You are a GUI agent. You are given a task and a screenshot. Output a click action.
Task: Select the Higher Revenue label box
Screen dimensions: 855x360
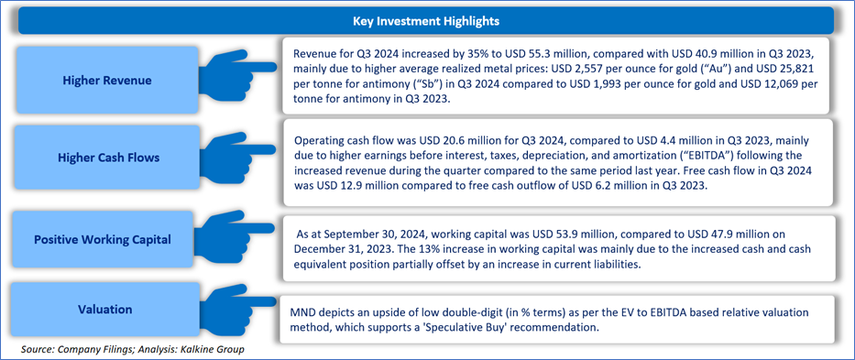pyautogui.click(x=106, y=81)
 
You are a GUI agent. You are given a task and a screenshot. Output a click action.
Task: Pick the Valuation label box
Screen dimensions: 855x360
pyautogui.click(x=106, y=310)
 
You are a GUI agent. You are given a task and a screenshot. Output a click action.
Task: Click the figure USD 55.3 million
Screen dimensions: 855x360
pyautogui.click(x=478, y=55)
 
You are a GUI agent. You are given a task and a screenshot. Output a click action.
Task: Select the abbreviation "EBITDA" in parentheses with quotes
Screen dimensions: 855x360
pyautogui.click(x=641, y=155)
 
